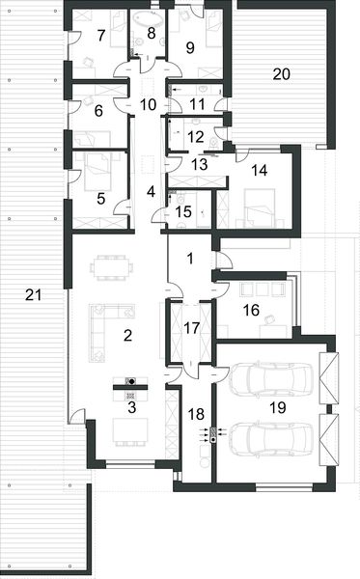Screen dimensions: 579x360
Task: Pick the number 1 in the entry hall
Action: click(x=189, y=258)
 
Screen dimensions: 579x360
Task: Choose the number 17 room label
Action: click(x=190, y=327)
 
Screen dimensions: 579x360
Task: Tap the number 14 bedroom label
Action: click(x=259, y=171)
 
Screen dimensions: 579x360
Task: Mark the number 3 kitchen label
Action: click(x=130, y=407)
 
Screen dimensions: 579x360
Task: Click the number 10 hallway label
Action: click(x=148, y=102)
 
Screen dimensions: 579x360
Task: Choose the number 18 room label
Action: click(x=195, y=414)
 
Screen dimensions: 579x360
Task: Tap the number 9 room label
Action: click(x=189, y=45)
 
